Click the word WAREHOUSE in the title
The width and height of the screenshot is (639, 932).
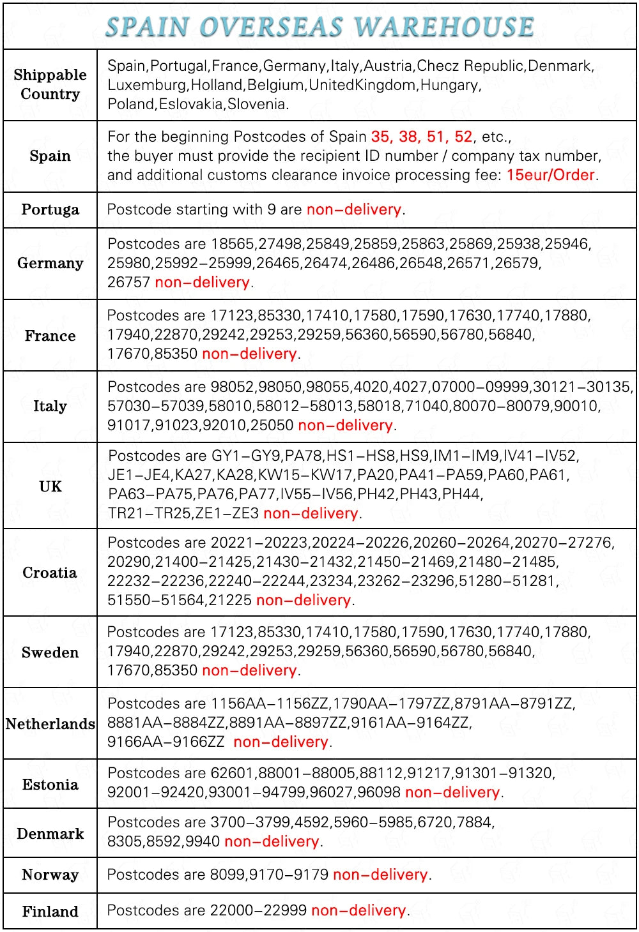point(444,27)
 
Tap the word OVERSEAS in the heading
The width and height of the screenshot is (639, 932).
point(272,27)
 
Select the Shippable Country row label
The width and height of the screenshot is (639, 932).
point(50,84)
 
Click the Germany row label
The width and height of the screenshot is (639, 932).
point(50,263)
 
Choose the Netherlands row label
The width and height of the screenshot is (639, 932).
point(50,723)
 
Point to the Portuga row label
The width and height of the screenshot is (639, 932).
point(50,209)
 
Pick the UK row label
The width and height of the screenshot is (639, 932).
point(50,486)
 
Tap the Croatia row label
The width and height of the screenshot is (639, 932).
point(50,573)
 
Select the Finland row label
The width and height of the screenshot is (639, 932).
point(50,911)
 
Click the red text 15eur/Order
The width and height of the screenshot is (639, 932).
point(551,175)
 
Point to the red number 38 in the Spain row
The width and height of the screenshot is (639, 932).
point(408,137)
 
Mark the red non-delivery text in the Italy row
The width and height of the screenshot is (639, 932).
point(345,425)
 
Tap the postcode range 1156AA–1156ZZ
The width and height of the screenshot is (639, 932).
point(270,703)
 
